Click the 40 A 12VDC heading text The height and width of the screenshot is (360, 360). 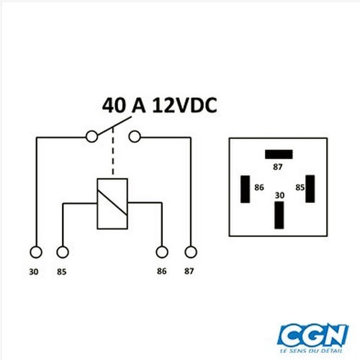(x=160, y=105)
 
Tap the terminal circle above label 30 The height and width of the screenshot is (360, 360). (x=36, y=252)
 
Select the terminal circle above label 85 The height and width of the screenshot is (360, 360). (x=63, y=252)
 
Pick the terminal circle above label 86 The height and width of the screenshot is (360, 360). (x=162, y=252)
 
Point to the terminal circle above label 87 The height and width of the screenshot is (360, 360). (x=191, y=252)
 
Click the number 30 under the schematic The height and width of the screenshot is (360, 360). (x=34, y=271)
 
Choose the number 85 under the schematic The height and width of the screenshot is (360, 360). (x=61, y=271)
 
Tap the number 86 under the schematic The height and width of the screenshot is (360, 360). (x=161, y=271)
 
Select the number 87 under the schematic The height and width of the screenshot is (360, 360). (x=189, y=271)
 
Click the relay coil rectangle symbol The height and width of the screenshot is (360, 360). (x=112, y=204)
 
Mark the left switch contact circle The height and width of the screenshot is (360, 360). (x=91, y=137)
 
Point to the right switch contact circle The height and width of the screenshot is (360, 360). (x=135, y=137)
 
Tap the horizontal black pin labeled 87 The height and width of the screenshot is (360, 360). (x=279, y=154)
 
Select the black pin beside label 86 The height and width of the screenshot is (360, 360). (x=246, y=189)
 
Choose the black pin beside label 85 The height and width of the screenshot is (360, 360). (x=310, y=189)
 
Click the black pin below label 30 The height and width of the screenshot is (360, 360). (x=279, y=215)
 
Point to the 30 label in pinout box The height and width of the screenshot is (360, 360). (x=279, y=195)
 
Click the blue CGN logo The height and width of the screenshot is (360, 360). (x=312, y=335)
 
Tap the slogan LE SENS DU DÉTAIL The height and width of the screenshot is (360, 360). (x=311, y=351)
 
